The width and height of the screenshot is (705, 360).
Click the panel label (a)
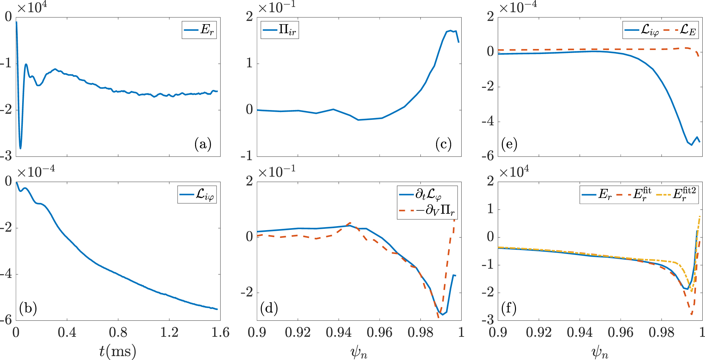203,144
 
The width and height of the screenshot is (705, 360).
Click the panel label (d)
269,308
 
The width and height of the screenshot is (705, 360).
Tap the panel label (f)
509,308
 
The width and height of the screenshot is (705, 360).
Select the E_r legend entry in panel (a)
199,30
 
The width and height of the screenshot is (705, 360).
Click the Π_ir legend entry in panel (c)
280,30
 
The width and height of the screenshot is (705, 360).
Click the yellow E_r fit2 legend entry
677,194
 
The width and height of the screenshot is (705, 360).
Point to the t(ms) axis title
117,351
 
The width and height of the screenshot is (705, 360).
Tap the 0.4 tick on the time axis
67,332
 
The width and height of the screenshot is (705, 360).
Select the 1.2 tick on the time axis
169,332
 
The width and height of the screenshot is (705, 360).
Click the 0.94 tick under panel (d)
338,332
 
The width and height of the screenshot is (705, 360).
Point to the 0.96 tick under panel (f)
620,332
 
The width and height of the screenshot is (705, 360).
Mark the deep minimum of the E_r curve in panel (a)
20,148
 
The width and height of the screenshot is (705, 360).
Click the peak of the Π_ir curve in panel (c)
451,31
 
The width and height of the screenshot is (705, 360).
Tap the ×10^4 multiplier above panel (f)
514,172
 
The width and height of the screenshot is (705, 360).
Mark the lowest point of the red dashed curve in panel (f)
692,314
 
